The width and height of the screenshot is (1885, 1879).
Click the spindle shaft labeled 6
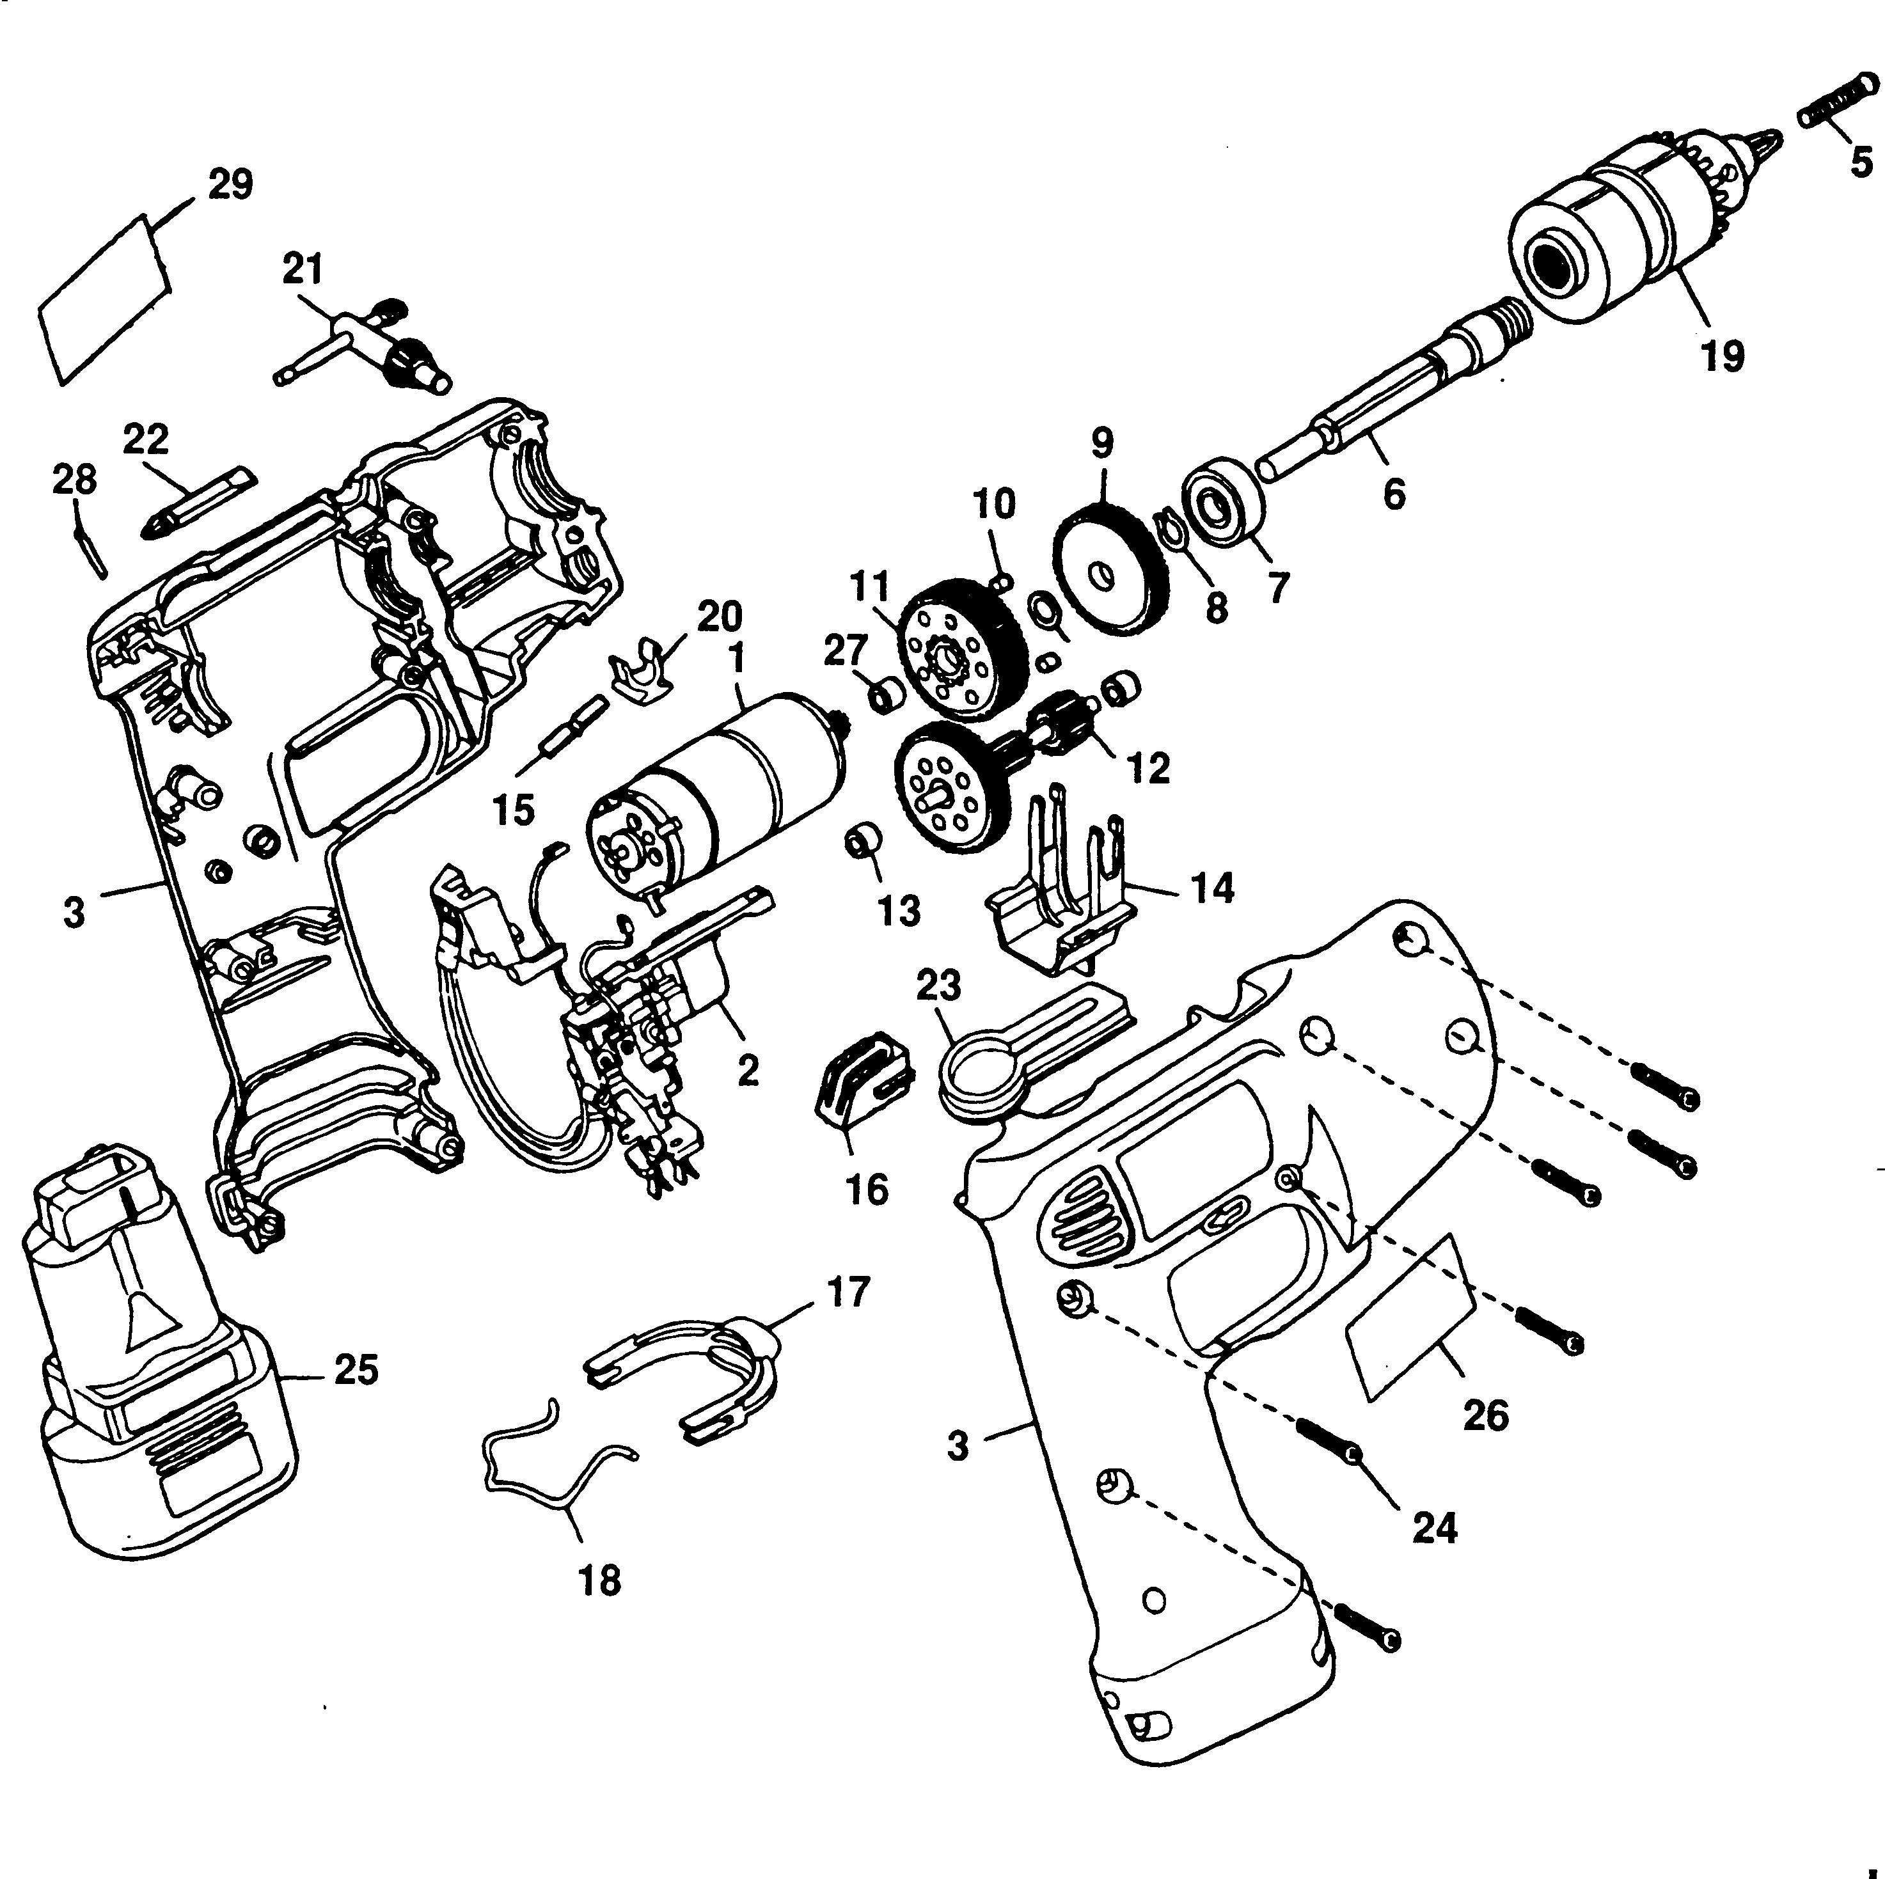click(x=1366, y=410)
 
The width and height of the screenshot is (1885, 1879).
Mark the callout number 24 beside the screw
click(x=1434, y=1527)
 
